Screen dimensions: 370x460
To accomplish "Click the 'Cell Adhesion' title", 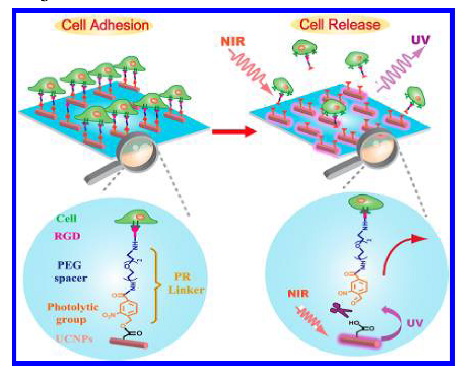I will (106, 25).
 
